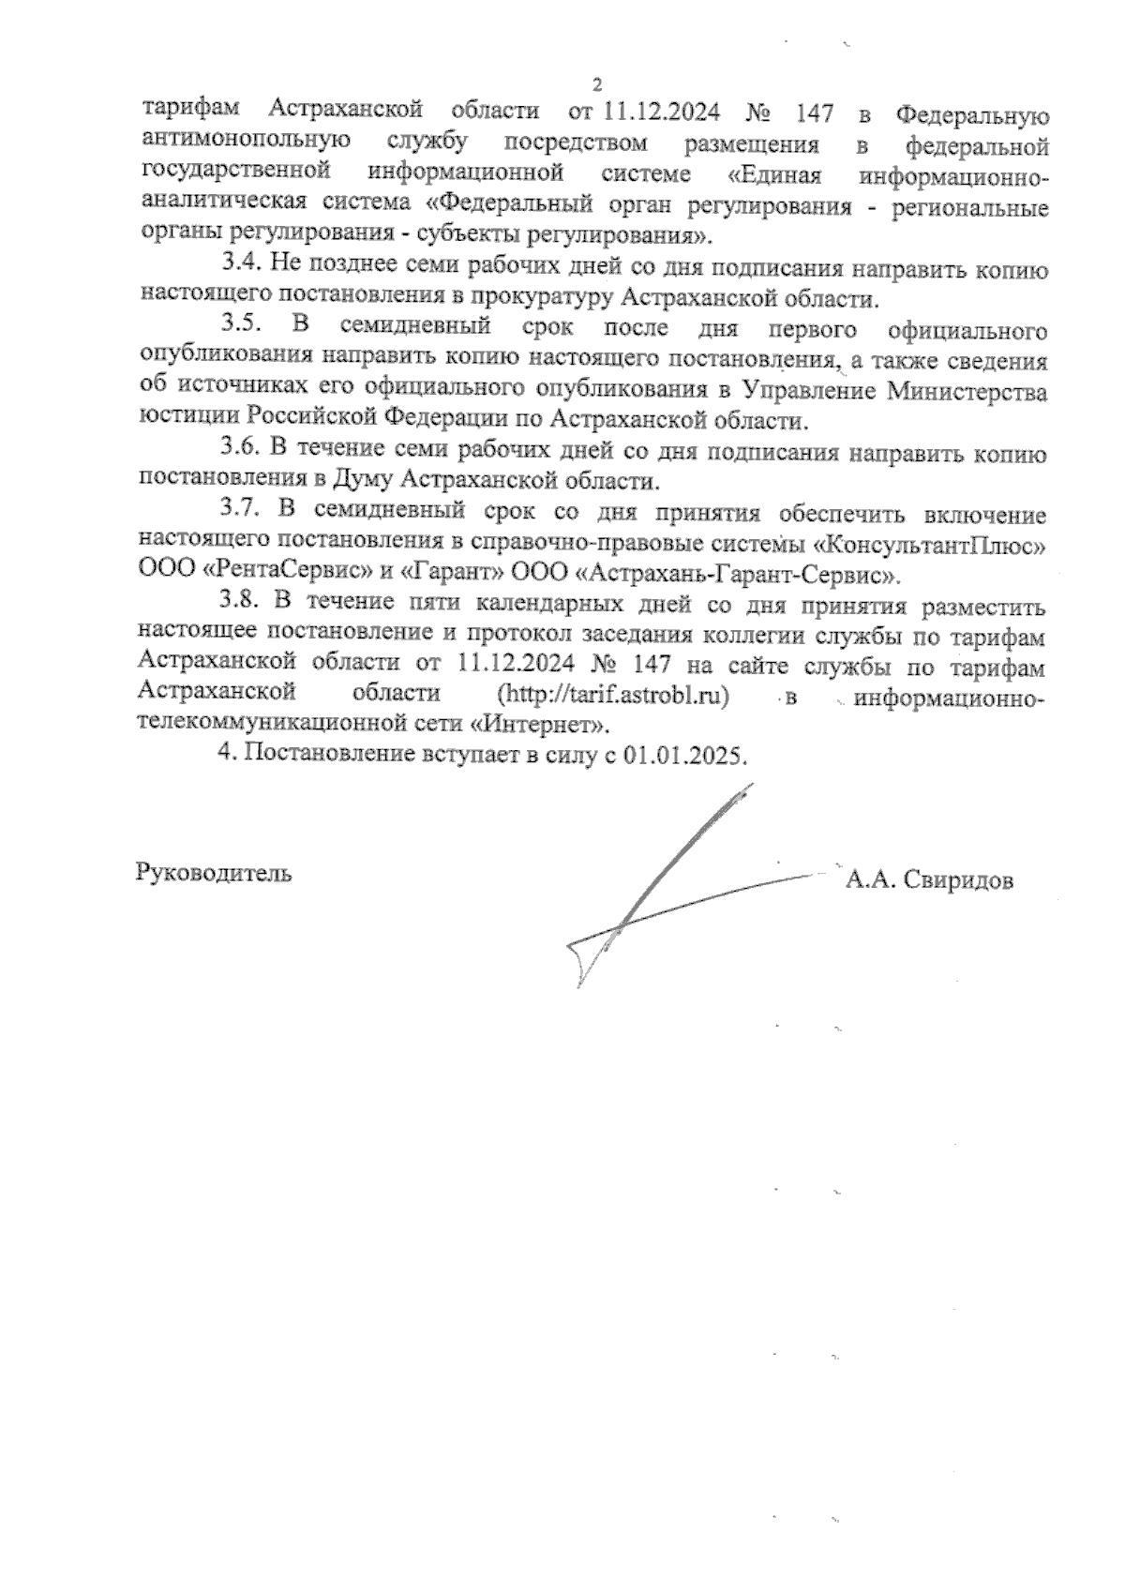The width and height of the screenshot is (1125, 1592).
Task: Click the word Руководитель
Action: tap(215, 873)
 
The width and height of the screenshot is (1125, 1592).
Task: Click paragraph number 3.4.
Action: tap(241, 267)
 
